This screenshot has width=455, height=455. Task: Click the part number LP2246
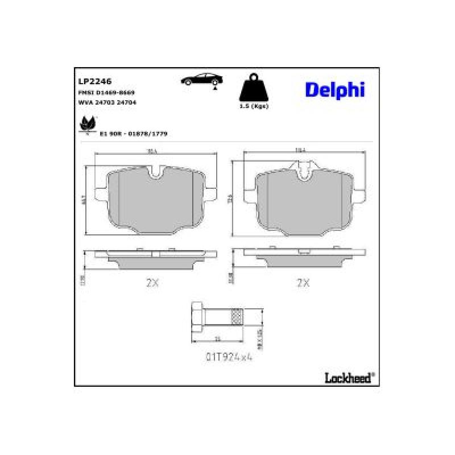click(90, 81)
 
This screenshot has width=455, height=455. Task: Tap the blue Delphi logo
click(334, 89)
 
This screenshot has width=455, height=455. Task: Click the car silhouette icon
click(202, 80)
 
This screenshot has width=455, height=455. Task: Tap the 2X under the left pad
click(152, 282)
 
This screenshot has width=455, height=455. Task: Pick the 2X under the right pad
click(304, 282)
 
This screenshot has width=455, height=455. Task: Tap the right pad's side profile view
click(304, 256)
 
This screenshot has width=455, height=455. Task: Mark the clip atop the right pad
click(304, 168)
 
